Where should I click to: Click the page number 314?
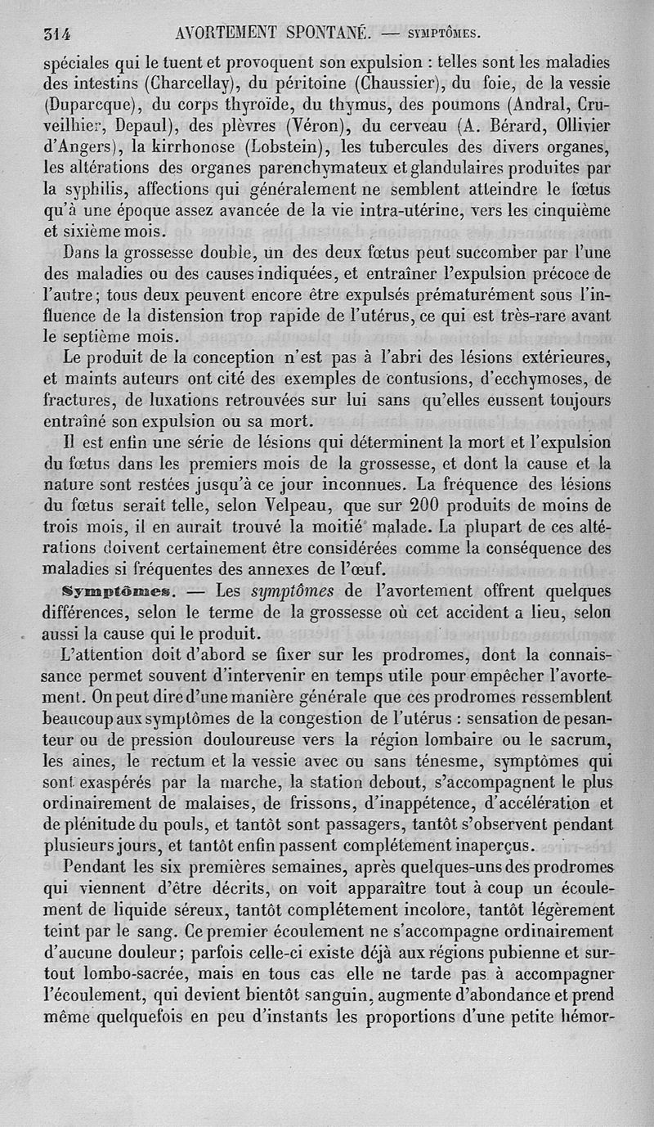pyautogui.click(x=58, y=34)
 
